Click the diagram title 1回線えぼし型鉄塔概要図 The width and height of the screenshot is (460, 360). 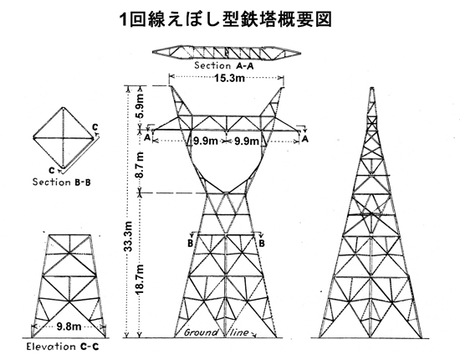tap(226, 19)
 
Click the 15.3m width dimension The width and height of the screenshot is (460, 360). tap(229, 78)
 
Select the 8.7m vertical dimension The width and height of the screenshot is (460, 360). tap(141, 165)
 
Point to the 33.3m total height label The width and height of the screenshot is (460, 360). tap(128, 236)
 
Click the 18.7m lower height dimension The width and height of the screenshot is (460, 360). tap(141, 280)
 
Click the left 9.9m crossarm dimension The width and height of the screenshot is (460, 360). tap(206, 141)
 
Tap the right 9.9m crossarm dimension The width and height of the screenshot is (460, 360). tap(247, 141)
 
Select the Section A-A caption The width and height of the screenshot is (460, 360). tap(224, 65)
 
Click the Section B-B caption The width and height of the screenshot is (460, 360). tap(62, 182)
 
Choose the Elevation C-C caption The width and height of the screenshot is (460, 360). tap(63, 347)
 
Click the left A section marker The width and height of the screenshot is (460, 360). tap(147, 136)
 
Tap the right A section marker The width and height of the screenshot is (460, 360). tap(305, 138)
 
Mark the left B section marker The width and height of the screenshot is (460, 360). tap(191, 243)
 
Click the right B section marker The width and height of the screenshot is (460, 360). tap(262, 243)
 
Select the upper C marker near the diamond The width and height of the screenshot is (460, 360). tap(95, 127)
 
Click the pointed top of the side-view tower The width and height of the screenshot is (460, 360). tap(372, 88)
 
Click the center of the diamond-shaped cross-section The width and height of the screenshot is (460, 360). tap(63, 137)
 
